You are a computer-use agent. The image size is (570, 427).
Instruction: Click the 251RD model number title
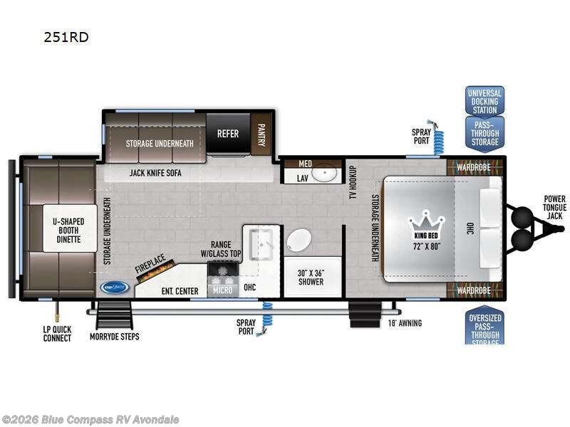click(x=66, y=37)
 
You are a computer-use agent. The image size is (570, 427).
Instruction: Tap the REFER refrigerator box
click(x=228, y=132)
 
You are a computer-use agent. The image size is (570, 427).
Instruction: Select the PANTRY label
click(x=260, y=132)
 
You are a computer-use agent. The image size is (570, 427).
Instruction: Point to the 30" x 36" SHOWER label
click(x=310, y=277)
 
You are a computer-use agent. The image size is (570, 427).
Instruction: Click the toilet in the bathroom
click(x=298, y=240)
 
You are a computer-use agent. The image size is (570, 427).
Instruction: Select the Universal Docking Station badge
click(x=484, y=102)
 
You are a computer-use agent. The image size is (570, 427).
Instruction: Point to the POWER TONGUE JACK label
click(x=554, y=208)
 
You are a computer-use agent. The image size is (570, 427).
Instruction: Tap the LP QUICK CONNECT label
click(x=56, y=334)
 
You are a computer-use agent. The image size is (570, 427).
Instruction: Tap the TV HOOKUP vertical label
click(x=353, y=182)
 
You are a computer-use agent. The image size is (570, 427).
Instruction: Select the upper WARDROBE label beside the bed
click(x=474, y=168)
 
